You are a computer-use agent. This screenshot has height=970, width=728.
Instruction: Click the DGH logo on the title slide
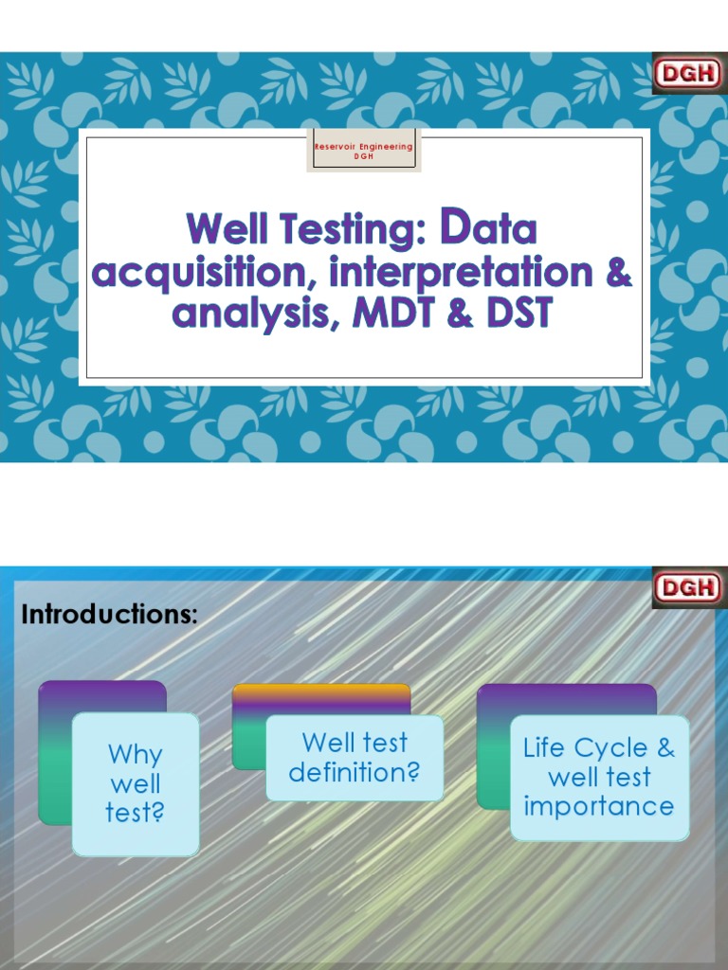(x=688, y=74)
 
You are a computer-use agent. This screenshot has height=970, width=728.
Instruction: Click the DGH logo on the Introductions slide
(x=688, y=587)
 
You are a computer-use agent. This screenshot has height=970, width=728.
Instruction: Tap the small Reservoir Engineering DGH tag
(x=364, y=152)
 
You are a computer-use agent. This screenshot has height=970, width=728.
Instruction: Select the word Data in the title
(x=489, y=229)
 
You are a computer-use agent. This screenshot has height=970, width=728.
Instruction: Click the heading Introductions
(x=109, y=614)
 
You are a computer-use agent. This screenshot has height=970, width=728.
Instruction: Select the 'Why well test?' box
(x=135, y=783)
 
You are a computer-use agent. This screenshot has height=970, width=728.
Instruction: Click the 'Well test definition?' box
(x=354, y=757)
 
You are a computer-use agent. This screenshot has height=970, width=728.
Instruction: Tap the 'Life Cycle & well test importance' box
(x=598, y=778)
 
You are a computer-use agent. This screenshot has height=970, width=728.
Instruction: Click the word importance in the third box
(x=598, y=807)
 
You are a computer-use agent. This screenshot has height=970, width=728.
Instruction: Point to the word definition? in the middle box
(x=354, y=772)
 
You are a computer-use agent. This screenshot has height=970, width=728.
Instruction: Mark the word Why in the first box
(x=135, y=755)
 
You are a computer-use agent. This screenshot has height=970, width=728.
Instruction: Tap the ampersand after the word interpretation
(x=617, y=273)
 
